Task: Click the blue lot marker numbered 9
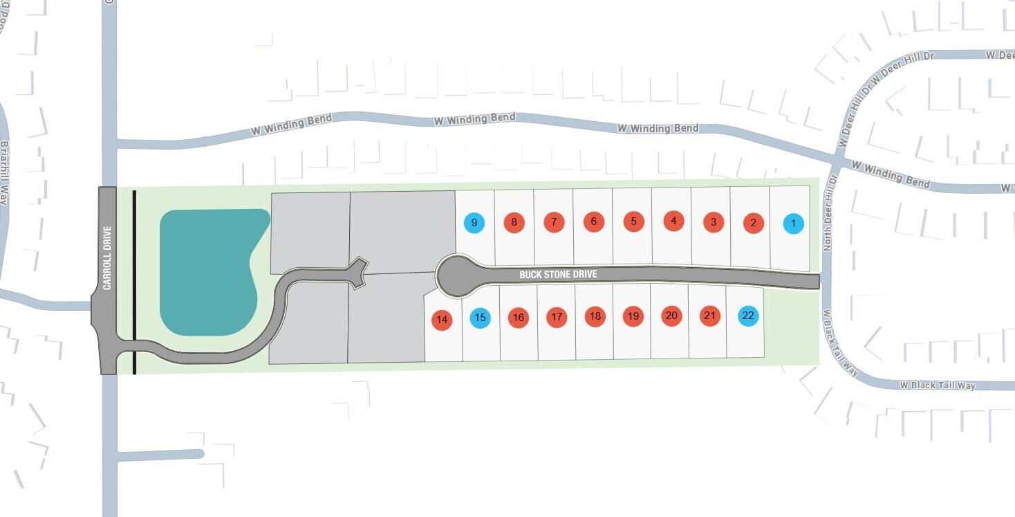pos(474,223)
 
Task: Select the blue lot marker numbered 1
pos(793,224)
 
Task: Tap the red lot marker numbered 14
pos(442,320)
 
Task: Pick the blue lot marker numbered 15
pos(481,318)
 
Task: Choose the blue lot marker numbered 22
pos(747,316)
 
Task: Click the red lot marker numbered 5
pos(633,221)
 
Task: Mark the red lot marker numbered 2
pos(753,224)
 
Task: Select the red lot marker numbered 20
pos(671,316)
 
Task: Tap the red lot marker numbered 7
pos(554,222)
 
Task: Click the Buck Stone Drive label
pos(558,275)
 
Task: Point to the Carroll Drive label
pos(108,257)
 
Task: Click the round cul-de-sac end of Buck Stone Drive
pos(454,275)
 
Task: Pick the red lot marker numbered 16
pos(518,318)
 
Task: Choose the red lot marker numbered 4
pos(673,221)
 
